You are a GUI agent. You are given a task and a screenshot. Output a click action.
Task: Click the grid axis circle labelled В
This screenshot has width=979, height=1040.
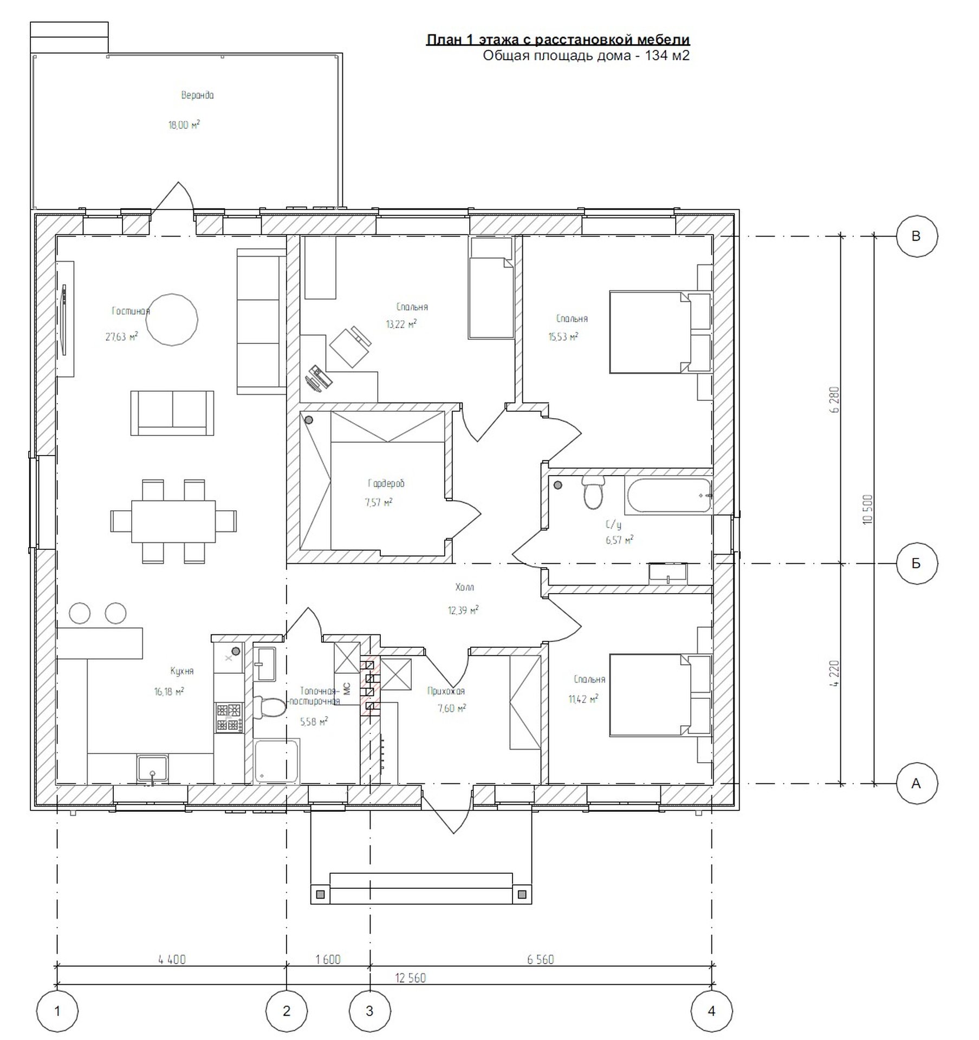point(916,236)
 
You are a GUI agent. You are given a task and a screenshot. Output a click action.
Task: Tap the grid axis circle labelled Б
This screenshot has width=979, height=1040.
point(916,563)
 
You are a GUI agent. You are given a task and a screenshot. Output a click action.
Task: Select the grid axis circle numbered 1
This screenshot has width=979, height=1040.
point(57,1010)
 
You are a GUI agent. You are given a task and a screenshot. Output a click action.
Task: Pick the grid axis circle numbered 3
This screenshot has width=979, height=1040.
point(370,1010)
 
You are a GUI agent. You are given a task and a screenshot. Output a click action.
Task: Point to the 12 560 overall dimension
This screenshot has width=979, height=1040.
point(411,978)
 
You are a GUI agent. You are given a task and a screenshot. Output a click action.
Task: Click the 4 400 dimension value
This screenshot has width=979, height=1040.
point(172,960)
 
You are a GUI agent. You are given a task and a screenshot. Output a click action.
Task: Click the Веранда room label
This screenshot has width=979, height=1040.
point(197,95)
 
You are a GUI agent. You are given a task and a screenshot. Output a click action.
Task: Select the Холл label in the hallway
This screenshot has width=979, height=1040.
point(465,587)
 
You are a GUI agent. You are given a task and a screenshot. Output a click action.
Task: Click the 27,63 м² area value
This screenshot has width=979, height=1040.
point(122,336)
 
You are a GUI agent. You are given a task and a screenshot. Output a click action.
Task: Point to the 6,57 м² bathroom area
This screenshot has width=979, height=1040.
point(619,540)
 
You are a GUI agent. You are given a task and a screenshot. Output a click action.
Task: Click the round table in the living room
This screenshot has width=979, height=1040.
point(172,320)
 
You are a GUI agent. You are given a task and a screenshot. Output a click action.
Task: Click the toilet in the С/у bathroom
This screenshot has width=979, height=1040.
point(593,492)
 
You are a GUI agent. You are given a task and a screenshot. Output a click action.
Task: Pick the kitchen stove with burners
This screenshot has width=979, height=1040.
point(229,717)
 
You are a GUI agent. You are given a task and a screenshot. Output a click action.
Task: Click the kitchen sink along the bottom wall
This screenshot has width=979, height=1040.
point(153,770)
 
